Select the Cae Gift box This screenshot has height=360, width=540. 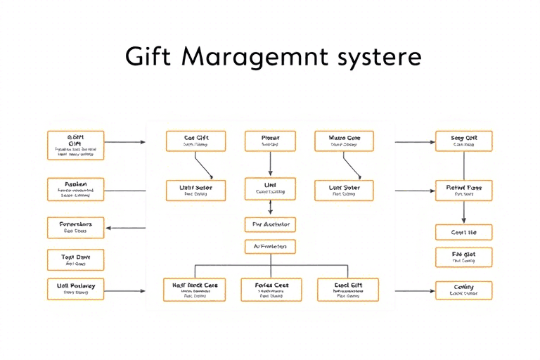coord(195,141)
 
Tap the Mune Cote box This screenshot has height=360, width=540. coord(345,141)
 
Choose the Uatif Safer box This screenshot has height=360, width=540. coord(195,191)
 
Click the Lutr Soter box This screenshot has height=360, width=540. coord(345,191)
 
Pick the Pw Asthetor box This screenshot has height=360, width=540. coord(270,225)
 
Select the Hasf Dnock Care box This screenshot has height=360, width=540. coord(195,289)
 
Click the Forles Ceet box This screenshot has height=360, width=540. coord(271,289)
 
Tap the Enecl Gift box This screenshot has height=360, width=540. coord(347,289)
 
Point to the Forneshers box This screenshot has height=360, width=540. coord(75,227)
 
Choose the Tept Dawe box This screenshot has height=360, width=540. coord(75,259)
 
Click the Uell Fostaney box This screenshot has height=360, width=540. coord(75,288)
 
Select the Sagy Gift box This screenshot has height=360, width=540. coord(463,141)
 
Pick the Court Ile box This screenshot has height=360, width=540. coord(463,232)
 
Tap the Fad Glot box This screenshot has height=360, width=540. coord(463,257)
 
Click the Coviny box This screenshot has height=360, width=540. coord(463,290)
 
